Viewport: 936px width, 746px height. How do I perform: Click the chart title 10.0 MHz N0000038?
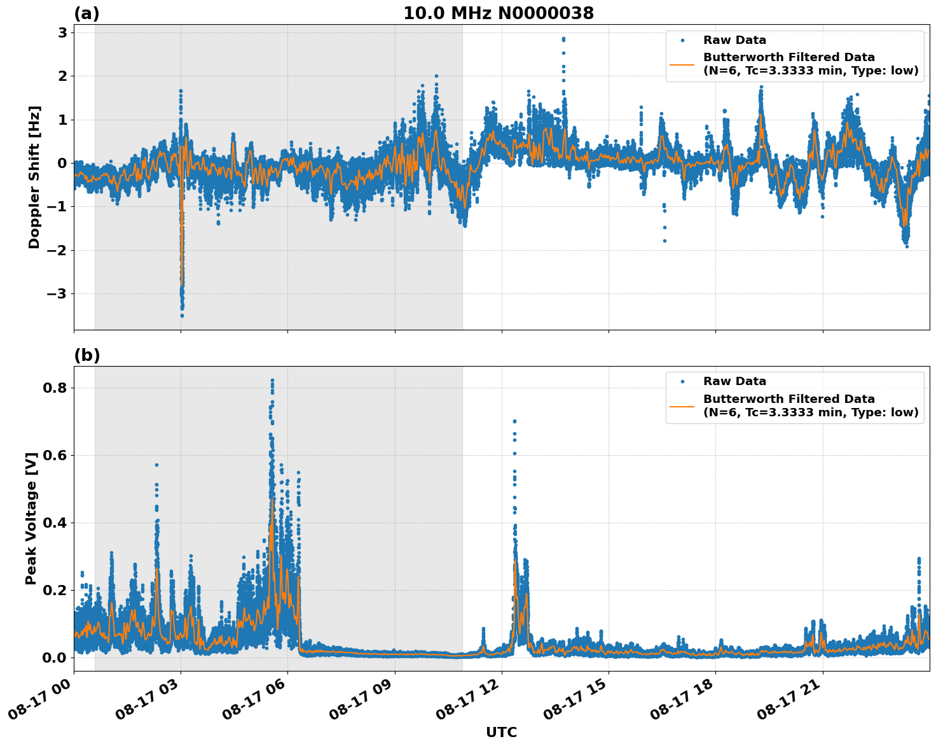pyautogui.click(x=498, y=13)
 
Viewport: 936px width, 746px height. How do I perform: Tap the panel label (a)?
pyautogui.click(x=86, y=13)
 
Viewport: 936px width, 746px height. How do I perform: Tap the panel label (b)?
pyautogui.click(x=86, y=355)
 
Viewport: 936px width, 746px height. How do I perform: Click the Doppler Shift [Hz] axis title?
pyautogui.click(x=34, y=177)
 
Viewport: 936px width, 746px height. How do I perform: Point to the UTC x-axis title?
pyautogui.click(x=501, y=732)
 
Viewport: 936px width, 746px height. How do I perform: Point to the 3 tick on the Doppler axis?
pyautogui.click(x=62, y=32)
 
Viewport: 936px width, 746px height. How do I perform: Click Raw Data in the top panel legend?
pyautogui.click(x=734, y=40)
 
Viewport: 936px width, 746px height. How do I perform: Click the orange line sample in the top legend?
pyautogui.click(x=682, y=64)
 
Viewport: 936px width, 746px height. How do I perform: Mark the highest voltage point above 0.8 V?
pyautogui.click(x=272, y=380)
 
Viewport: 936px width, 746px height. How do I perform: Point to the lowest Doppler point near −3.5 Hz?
pyautogui.click(x=182, y=315)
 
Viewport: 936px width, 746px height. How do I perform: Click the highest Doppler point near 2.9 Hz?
pyautogui.click(x=563, y=39)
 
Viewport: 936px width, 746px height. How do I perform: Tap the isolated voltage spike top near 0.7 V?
pyautogui.click(x=514, y=421)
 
